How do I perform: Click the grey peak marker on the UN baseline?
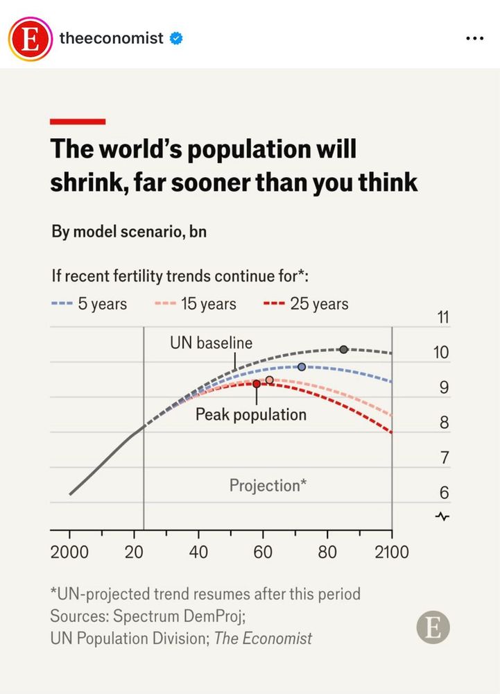tap(343, 349)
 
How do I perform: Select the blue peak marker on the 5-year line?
tap(302, 366)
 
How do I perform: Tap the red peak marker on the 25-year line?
tap(257, 384)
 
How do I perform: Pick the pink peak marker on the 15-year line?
tap(270, 380)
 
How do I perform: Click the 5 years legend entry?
tap(89, 304)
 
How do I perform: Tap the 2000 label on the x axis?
tap(69, 552)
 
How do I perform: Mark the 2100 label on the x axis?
tap(391, 552)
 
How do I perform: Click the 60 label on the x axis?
tap(262, 552)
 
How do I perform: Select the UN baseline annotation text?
tap(212, 342)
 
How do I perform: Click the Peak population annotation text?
tap(250, 414)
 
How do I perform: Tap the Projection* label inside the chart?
tap(268, 485)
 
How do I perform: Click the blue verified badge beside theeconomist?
tap(177, 38)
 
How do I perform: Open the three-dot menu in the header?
tap(474, 38)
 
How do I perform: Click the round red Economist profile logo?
tap(30, 38)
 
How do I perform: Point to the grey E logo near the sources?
tap(433, 628)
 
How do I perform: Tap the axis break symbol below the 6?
tap(443, 516)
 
